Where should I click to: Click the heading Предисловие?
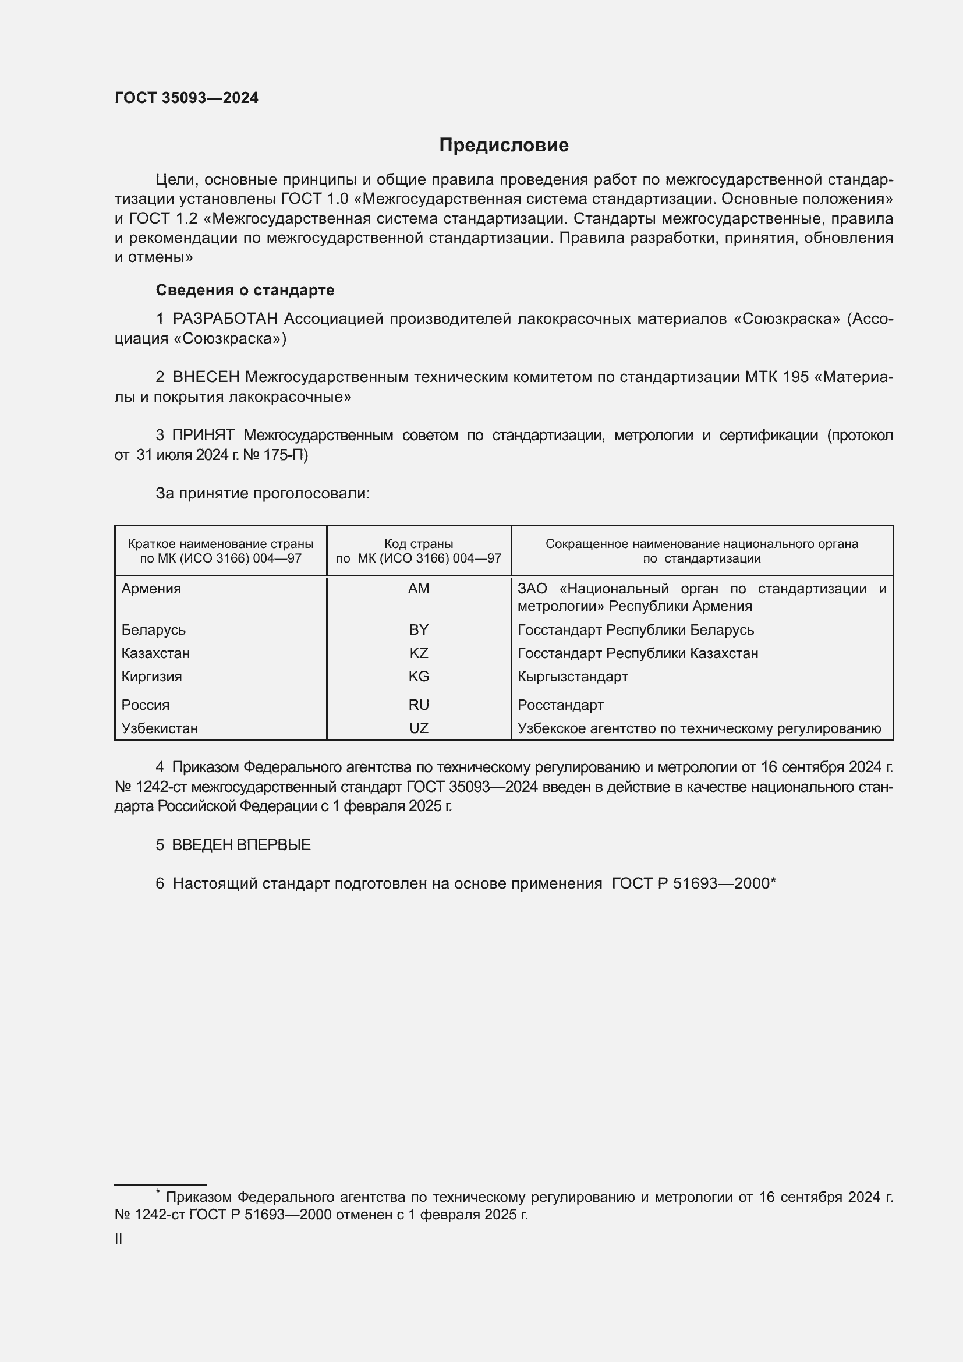point(504,146)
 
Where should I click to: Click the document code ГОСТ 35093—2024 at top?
point(186,98)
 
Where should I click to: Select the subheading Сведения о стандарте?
point(245,290)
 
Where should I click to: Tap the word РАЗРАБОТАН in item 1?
point(225,319)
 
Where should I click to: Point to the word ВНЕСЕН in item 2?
point(206,377)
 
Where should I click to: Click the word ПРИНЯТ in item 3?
point(203,436)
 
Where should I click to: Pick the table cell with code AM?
point(419,589)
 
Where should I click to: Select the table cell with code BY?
point(419,629)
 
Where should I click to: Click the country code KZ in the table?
point(419,653)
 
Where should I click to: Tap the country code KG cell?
point(419,676)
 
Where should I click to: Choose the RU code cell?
point(419,705)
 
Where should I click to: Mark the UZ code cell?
point(419,728)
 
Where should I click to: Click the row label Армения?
point(151,589)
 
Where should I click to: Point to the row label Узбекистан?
point(160,728)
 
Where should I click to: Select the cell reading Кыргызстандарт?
point(572,676)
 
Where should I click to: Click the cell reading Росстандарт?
point(560,705)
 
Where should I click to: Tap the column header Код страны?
point(419,544)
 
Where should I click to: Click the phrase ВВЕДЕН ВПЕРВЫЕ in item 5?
point(242,845)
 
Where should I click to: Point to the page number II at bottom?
point(119,1239)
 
